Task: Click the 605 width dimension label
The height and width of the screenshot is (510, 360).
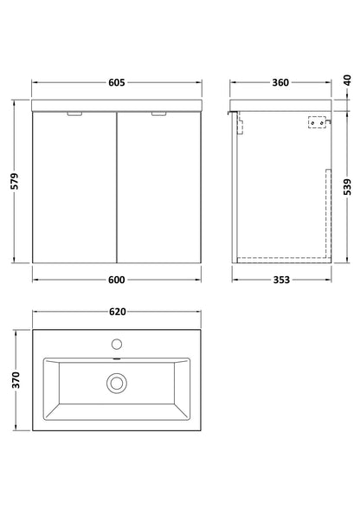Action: coord(118,83)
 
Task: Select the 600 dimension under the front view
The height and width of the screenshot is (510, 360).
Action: coord(118,279)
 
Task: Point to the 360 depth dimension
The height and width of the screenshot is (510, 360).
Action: coord(280,83)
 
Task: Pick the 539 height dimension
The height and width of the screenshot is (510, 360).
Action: coord(347,184)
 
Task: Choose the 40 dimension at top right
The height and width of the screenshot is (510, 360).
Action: coord(347,81)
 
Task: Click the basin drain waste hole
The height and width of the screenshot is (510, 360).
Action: coord(116,381)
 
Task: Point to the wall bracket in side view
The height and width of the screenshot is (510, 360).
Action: coord(317,124)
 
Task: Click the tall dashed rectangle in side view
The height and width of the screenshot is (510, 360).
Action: coord(325,212)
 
